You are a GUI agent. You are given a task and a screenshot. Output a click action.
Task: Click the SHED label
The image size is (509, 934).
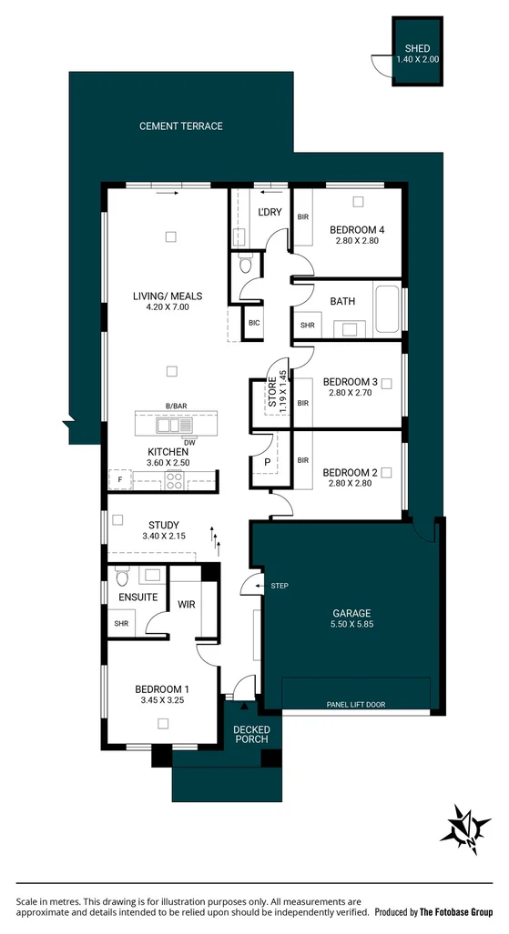pos(417,49)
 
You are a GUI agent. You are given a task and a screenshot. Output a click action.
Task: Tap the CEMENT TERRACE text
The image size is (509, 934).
pos(180,126)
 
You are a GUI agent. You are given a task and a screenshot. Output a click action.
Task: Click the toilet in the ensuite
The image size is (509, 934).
pos(123,577)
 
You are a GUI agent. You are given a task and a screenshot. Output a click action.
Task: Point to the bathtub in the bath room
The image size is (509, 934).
pos(386,310)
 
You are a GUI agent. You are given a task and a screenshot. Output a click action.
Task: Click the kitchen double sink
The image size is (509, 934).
pos(169,425)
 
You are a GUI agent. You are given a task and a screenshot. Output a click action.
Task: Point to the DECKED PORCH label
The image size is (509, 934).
pos(250,734)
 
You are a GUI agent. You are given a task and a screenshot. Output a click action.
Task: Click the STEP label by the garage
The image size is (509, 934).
pos(279,586)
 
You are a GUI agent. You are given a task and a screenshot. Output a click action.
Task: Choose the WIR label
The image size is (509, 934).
pos(187,604)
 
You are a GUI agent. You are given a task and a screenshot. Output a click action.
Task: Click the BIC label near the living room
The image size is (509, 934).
pos(254,322)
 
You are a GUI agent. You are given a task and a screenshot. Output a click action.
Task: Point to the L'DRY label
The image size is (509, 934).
pos(270,212)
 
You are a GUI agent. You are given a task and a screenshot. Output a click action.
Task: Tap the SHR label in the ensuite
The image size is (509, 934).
pos(121,624)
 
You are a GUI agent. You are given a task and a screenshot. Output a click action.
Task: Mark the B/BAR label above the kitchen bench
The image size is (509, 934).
pos(175,406)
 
